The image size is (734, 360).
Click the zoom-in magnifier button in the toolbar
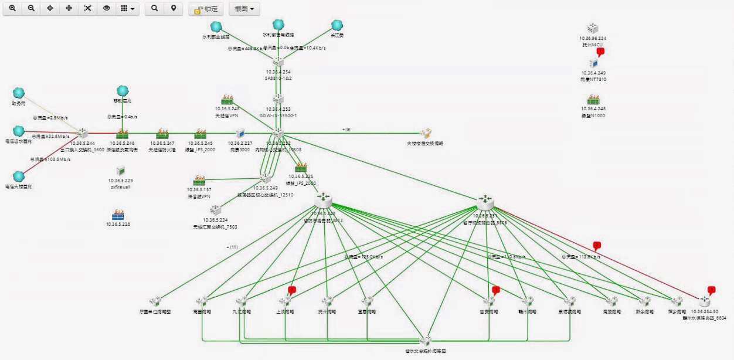point(12,9)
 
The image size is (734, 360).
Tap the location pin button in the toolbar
point(173,9)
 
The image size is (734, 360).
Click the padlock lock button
point(205,9)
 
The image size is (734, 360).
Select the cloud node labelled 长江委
point(337,25)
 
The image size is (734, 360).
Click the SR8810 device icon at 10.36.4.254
point(278,63)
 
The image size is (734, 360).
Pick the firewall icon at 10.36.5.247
point(162,134)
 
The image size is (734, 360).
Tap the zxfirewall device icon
point(121,171)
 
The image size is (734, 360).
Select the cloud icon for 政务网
point(19,93)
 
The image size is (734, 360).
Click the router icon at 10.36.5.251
point(485,202)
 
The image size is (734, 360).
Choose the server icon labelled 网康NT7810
point(593,63)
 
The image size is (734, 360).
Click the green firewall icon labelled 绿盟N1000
point(593,100)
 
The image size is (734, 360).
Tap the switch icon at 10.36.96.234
point(593,29)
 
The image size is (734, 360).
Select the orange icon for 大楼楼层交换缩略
point(426,133)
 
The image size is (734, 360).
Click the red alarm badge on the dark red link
point(597,245)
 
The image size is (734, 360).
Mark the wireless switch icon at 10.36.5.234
point(215,210)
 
